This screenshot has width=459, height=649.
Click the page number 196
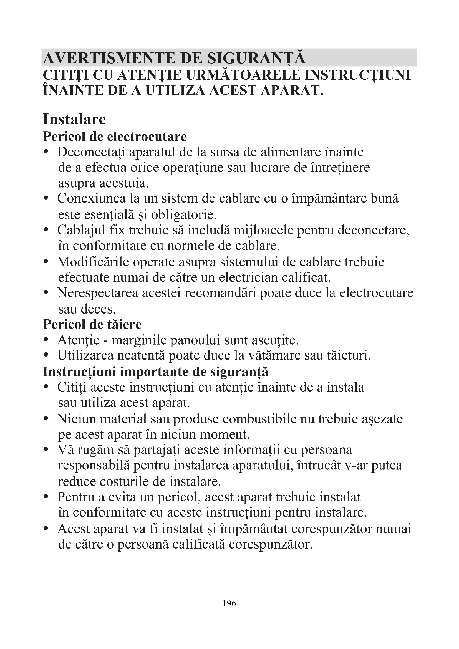pyautogui.click(x=229, y=603)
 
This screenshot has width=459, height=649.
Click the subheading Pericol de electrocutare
pyautogui.click(x=115, y=137)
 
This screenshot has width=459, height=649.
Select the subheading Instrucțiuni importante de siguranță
pyautogui.click(x=155, y=372)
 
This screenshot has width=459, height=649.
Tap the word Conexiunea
pyautogui.click(x=91, y=198)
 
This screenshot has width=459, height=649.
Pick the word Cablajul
pyautogui.click(x=76, y=230)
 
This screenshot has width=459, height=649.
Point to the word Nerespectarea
pyautogui.click(x=97, y=293)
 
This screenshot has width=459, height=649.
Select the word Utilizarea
pyautogui.click(x=85, y=356)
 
